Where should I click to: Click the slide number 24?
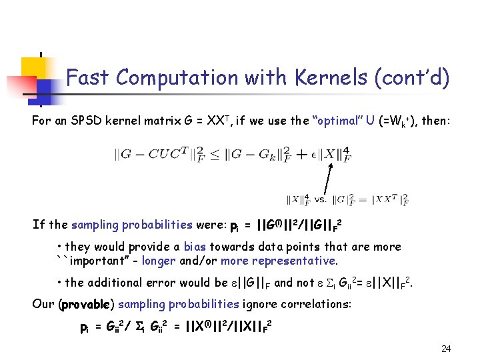coord(446,349)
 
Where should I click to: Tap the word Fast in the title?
coord(89,78)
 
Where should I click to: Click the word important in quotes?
coord(96,261)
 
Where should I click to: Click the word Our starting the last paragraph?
coord(44,305)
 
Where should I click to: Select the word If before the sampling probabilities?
coord(38,225)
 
